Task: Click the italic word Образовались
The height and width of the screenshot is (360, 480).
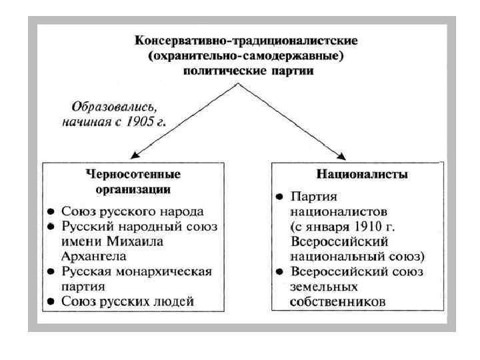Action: (x=114, y=105)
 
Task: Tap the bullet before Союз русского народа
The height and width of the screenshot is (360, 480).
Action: (x=51, y=211)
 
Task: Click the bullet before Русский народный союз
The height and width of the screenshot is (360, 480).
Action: (x=51, y=227)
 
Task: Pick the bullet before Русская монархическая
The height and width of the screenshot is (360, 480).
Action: (x=51, y=272)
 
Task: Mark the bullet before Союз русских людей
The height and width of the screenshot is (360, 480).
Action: (x=51, y=302)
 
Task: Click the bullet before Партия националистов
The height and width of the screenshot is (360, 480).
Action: (x=281, y=197)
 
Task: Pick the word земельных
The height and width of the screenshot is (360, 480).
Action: (x=323, y=287)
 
